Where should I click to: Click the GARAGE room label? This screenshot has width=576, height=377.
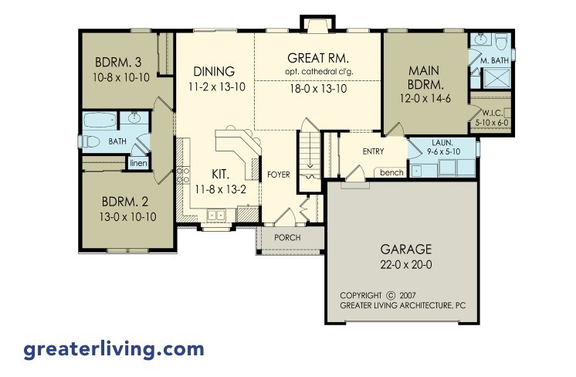point(405,250)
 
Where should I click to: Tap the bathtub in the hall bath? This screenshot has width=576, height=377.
point(100,121)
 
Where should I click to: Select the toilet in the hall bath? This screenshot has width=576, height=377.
point(91,141)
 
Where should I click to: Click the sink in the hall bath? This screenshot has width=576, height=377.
point(134,118)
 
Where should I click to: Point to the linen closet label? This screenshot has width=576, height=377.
point(138,163)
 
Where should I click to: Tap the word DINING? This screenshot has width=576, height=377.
point(214,72)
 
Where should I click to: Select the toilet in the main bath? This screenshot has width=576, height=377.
point(500,41)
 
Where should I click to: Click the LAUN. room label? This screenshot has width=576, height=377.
point(441,144)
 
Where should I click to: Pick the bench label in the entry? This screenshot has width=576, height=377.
point(391,172)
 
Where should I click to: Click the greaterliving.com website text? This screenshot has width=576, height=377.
point(114,349)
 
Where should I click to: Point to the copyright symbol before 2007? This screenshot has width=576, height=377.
point(391,295)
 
